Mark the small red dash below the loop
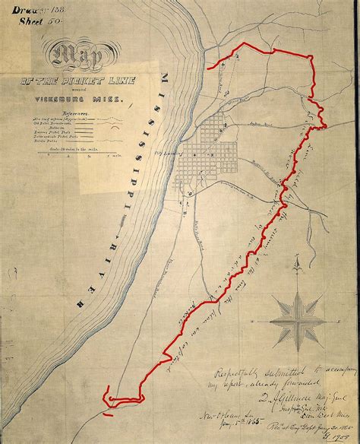point(109,415)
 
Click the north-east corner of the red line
point(312,56)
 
